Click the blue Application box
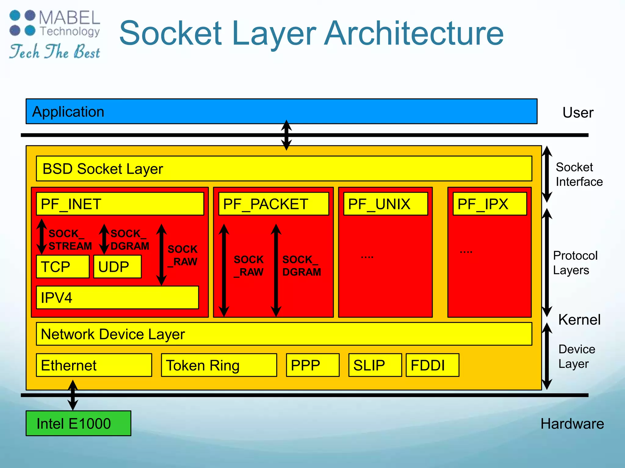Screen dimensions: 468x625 (x=281, y=111)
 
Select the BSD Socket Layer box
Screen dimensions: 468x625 (x=284, y=168)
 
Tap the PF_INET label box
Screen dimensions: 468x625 (x=120, y=204)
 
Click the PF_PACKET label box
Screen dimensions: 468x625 (x=274, y=204)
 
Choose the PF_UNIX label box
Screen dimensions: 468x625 (x=385, y=204)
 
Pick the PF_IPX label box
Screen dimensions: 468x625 (x=490, y=204)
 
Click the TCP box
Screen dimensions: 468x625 (x=63, y=267)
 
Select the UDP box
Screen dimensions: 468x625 (x=117, y=267)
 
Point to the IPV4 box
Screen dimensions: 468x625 (x=117, y=297)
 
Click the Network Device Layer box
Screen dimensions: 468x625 (x=284, y=334)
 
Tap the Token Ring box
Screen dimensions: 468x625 (x=219, y=365)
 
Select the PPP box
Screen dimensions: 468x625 (x=312, y=365)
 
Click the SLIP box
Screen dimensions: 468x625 (x=375, y=365)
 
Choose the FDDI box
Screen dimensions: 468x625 (x=432, y=365)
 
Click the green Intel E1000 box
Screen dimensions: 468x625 (x=78, y=423)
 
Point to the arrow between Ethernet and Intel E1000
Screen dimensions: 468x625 (x=73, y=395)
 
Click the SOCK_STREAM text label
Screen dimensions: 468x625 (x=70, y=240)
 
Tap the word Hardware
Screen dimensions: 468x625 (x=572, y=424)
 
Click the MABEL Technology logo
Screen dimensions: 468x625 (x=55, y=34)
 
